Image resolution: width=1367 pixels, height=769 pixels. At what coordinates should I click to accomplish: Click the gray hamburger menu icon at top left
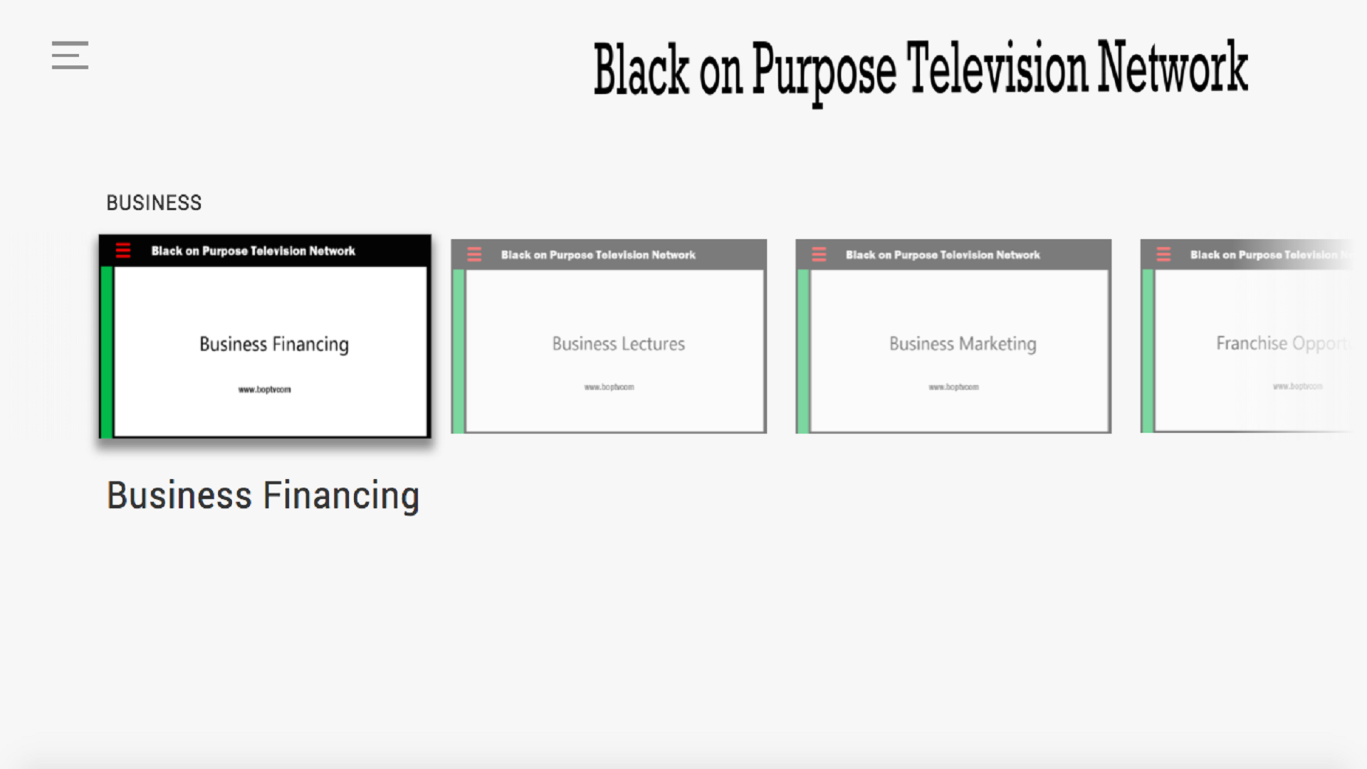(70, 55)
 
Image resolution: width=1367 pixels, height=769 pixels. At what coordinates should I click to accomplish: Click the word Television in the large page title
(997, 69)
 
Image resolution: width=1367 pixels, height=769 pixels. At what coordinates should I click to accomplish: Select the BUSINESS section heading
(154, 203)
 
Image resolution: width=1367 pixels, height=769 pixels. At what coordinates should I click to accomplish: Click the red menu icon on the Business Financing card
(123, 251)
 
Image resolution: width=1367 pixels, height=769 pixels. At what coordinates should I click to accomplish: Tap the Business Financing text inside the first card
(274, 345)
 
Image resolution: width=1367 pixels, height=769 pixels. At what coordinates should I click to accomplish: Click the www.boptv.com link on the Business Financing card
(264, 389)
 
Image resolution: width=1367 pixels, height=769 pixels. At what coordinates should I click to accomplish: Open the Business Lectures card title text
(618, 344)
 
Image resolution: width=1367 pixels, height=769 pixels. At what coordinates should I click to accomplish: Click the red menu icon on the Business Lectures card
(474, 255)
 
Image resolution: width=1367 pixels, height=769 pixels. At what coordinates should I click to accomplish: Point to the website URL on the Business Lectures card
(609, 387)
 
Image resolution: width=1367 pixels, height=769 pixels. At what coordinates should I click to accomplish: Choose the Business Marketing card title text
(963, 344)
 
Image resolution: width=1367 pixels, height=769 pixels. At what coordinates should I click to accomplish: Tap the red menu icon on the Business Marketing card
(819, 255)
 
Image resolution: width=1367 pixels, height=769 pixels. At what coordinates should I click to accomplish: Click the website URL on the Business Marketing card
(953, 387)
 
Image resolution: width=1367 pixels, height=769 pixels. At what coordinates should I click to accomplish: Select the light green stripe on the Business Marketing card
(803, 351)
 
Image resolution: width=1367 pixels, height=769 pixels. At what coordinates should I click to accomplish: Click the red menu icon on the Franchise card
(1163, 255)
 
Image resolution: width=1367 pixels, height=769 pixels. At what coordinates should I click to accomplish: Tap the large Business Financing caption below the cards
(263, 496)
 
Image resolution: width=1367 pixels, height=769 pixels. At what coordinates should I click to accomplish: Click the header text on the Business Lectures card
(598, 255)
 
